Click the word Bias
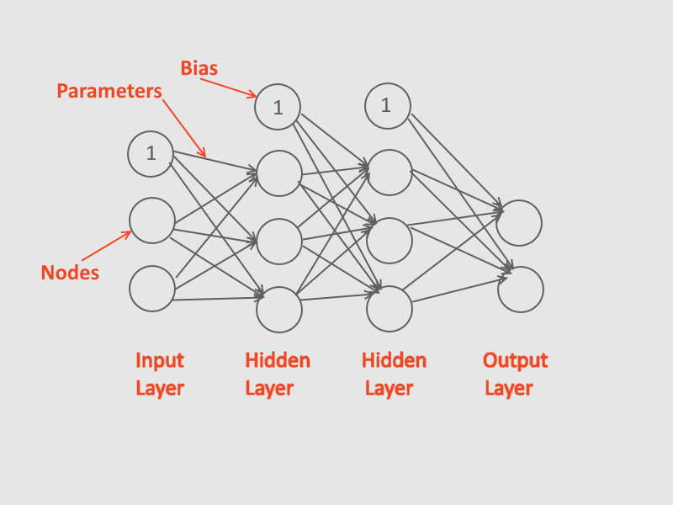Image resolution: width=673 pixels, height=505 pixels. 199,68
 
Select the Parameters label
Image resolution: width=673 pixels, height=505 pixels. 109,91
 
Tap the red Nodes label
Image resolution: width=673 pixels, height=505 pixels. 70,273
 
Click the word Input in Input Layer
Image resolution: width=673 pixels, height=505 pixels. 160,360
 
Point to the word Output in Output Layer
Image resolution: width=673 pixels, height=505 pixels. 515,360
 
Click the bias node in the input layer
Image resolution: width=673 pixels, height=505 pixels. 151,153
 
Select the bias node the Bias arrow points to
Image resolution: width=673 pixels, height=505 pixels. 278,107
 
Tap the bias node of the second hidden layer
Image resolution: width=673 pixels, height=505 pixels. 388,106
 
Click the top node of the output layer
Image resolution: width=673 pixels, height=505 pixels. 519,223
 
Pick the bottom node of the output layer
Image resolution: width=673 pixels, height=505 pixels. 520,289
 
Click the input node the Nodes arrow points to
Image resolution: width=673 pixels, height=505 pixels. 152,221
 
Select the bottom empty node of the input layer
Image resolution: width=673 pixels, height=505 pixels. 152,288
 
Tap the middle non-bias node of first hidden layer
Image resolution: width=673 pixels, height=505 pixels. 279,242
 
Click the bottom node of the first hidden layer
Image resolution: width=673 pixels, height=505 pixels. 279,309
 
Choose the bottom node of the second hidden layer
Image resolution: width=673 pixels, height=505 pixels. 389,308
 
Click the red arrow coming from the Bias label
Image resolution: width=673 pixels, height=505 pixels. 238,88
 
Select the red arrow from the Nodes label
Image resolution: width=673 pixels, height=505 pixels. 107,245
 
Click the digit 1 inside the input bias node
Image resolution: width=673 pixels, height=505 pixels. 151,153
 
